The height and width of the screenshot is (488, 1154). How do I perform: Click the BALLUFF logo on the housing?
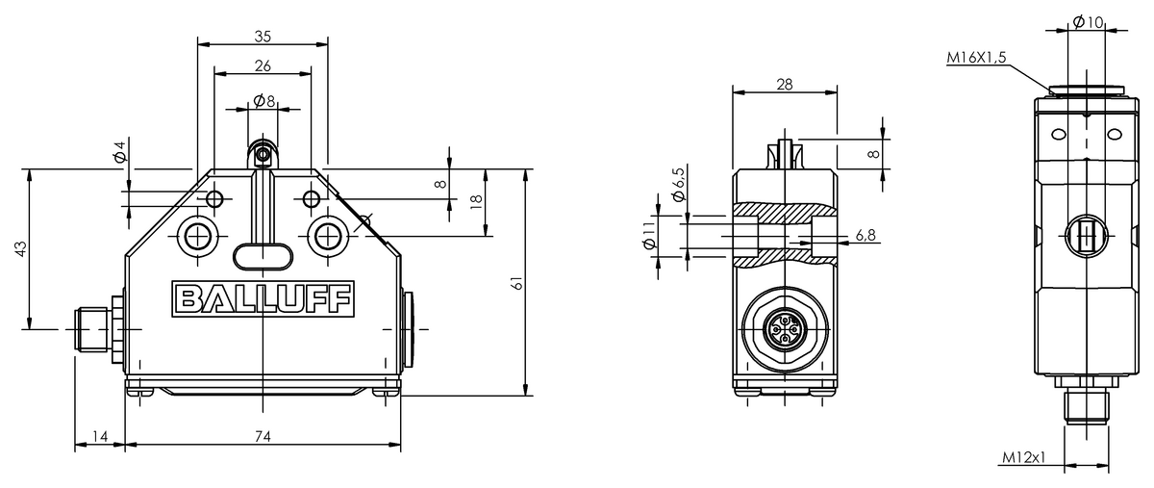point(263,298)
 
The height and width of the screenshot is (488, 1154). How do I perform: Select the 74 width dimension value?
point(263,436)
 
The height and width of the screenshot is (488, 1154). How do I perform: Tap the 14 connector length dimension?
point(100,436)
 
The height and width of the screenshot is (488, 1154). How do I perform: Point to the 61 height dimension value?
point(517,283)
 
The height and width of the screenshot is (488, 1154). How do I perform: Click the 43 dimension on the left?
point(20,249)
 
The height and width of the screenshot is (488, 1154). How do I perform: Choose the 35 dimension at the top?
point(263,37)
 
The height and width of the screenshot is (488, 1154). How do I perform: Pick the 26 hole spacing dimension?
point(263,66)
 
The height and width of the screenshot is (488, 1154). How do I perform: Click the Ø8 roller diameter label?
point(264,101)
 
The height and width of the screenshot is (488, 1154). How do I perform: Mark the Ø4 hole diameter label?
point(120,152)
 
